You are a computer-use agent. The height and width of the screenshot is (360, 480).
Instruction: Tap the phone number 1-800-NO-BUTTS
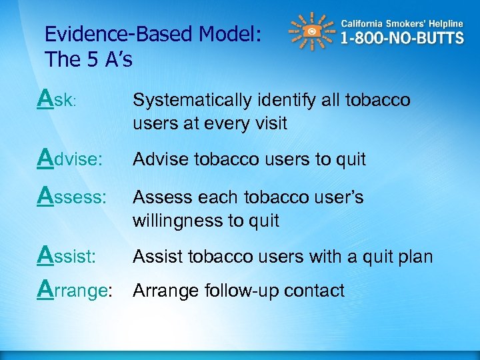coord(402,38)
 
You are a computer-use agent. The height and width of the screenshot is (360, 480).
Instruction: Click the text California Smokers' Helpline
coord(402,23)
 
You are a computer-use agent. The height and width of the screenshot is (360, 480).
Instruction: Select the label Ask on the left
coord(58,101)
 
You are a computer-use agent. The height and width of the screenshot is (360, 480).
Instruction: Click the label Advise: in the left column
coord(71,159)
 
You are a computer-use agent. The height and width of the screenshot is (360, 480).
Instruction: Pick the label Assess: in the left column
coord(73,198)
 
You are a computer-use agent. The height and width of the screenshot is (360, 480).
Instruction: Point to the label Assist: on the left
coord(68,256)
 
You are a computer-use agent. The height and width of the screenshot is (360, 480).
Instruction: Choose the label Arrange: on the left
coord(75,291)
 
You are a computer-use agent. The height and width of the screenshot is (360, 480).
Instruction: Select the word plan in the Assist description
coord(414,256)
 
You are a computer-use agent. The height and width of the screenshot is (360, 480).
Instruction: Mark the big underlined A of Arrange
coord(46,289)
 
